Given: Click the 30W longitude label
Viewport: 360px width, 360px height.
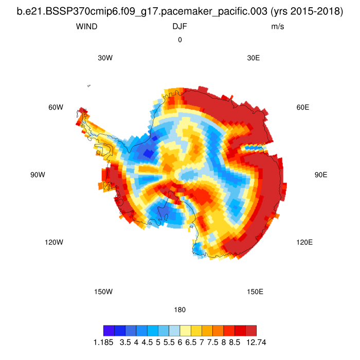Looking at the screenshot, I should click(105, 58).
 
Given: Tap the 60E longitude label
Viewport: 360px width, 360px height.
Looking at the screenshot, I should click(303, 107).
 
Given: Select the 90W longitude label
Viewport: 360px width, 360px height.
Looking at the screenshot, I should click(38, 175).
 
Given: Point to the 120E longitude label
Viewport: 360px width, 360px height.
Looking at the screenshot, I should click(304, 242).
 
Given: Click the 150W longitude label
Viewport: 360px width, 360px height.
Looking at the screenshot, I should click(103, 292).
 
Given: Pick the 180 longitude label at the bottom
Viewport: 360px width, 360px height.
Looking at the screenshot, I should click(180, 310).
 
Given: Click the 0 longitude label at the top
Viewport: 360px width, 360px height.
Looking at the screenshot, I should click(180, 40).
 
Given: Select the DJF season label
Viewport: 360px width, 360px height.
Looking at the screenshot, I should click(179, 26).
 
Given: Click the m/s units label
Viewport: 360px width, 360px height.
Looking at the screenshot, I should click(278, 26).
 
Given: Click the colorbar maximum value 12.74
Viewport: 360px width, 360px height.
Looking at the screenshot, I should click(256, 341).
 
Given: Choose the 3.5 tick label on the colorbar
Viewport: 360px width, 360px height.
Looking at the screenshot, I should click(125, 341).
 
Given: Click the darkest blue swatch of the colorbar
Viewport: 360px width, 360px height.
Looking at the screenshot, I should click(109, 331).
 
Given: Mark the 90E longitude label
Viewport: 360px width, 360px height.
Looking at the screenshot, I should click(321, 175).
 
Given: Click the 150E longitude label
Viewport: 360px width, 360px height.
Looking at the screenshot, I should click(255, 292).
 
